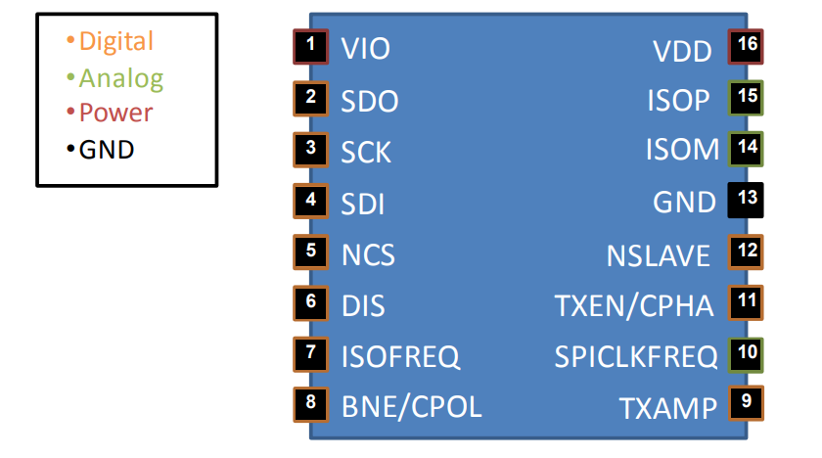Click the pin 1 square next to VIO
(x=311, y=46)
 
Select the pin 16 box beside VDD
(x=746, y=47)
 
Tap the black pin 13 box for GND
(x=746, y=200)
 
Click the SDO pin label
(x=370, y=101)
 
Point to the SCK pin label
(x=366, y=153)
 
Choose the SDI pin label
(x=363, y=204)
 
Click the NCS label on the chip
(x=368, y=255)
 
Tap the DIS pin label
(x=363, y=306)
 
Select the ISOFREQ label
(x=400, y=356)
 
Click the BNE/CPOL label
(x=411, y=406)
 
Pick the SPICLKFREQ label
(x=636, y=357)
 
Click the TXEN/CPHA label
(x=633, y=306)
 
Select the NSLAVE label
(x=658, y=255)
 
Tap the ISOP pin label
(x=678, y=101)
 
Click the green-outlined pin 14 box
(x=746, y=149)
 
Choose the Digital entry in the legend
(x=115, y=41)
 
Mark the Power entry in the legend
(x=115, y=113)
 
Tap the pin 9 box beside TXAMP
(x=746, y=402)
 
